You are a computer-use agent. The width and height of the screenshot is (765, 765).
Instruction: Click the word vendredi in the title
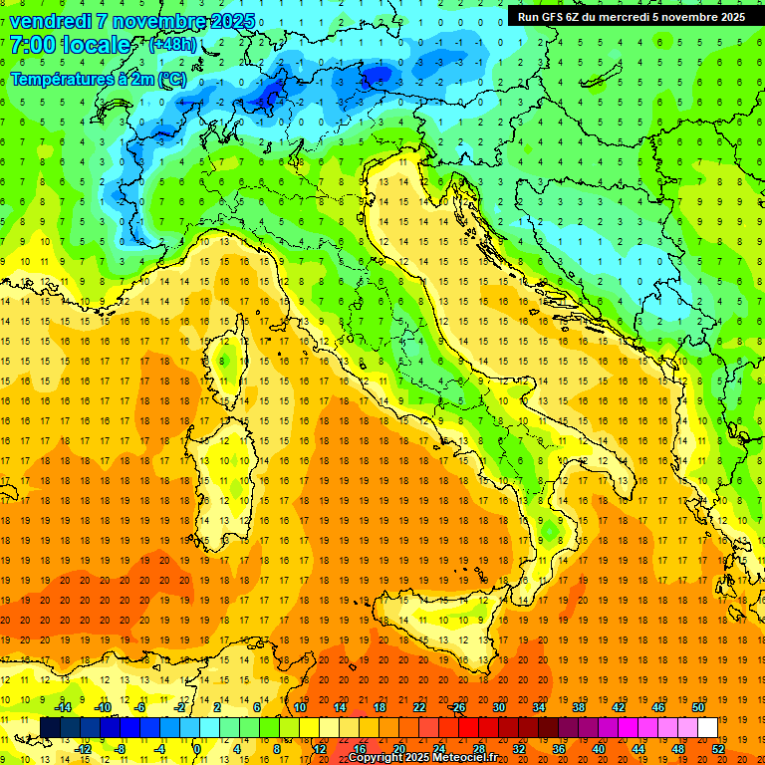[51, 21]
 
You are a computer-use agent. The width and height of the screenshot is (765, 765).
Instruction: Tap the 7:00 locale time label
[70, 46]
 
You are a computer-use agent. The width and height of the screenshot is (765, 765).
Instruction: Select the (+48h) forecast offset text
[172, 46]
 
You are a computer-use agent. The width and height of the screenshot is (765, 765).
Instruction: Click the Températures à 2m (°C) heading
[98, 79]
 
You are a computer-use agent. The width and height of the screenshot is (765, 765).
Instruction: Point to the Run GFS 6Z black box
[634, 17]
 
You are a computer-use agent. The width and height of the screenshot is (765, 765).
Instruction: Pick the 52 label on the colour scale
[718, 749]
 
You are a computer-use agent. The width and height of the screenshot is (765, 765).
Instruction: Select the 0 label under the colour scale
[197, 749]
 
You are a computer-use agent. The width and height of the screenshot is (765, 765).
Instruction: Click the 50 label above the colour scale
[698, 707]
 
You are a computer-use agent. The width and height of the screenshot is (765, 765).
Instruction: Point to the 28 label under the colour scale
[479, 749]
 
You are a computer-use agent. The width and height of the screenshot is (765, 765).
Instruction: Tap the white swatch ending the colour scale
[707, 727]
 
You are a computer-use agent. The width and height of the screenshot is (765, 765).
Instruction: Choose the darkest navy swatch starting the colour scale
[51, 727]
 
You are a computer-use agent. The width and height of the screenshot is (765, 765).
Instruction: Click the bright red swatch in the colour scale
[469, 727]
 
